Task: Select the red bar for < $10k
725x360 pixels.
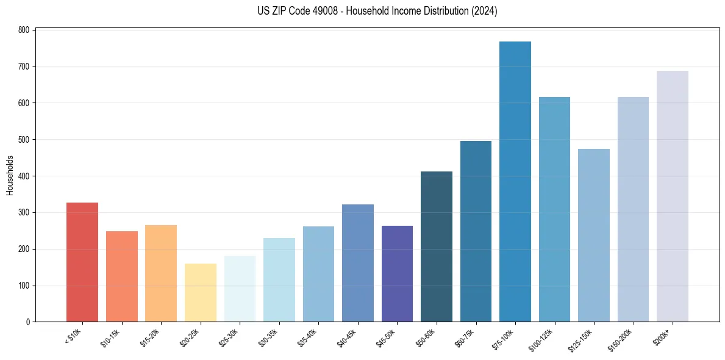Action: coord(82,262)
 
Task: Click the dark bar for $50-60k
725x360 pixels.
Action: coord(437,247)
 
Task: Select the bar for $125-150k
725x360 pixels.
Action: coord(594,236)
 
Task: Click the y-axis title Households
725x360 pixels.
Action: coord(10,176)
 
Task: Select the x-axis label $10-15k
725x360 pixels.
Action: coord(111,336)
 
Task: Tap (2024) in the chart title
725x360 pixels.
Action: coord(483,11)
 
